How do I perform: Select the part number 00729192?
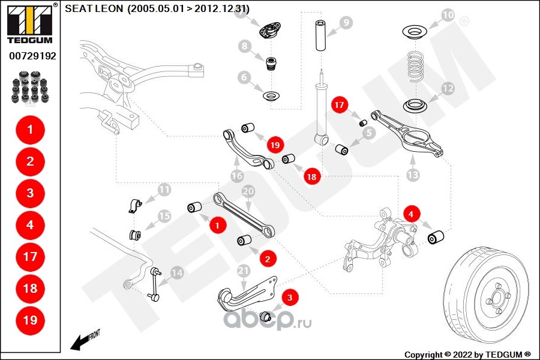pyautogui.click(x=32, y=56)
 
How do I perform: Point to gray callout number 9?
pyautogui.click(x=346, y=23)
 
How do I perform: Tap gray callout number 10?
pyautogui.click(x=448, y=14)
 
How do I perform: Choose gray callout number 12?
pyautogui.click(x=448, y=88)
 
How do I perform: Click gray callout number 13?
pyautogui.click(x=412, y=175)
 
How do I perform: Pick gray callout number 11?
pyautogui.click(x=164, y=191)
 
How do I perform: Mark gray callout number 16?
pyautogui.click(x=236, y=176)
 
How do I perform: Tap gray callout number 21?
pyautogui.click(x=243, y=271)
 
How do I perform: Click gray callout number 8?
pyautogui.click(x=244, y=46)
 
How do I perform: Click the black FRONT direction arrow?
pyautogui.click(x=79, y=342)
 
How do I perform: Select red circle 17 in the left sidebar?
pyautogui.click(x=30, y=256)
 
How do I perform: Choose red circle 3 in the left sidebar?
pyautogui.click(x=30, y=193)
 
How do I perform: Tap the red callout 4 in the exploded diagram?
pyautogui.click(x=410, y=213)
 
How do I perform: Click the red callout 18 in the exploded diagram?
pyautogui.click(x=311, y=177)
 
